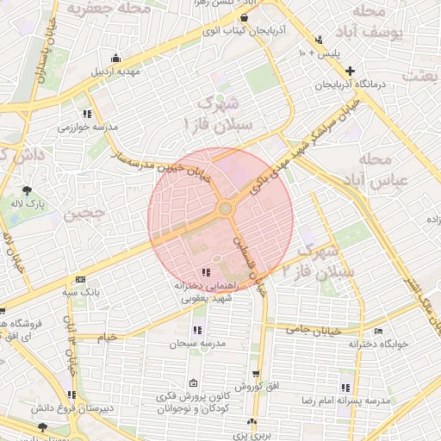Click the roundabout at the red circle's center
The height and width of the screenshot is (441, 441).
(x=226, y=208)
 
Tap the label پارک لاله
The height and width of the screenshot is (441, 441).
(x=27, y=203)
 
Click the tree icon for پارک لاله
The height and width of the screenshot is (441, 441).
(x=27, y=189)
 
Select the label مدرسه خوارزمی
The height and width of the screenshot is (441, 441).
(x=87, y=127)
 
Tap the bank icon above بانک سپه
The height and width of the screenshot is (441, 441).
(x=81, y=279)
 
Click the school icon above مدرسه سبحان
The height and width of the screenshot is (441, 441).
(x=197, y=330)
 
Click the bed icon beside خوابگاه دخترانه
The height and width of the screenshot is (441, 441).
(x=377, y=332)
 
